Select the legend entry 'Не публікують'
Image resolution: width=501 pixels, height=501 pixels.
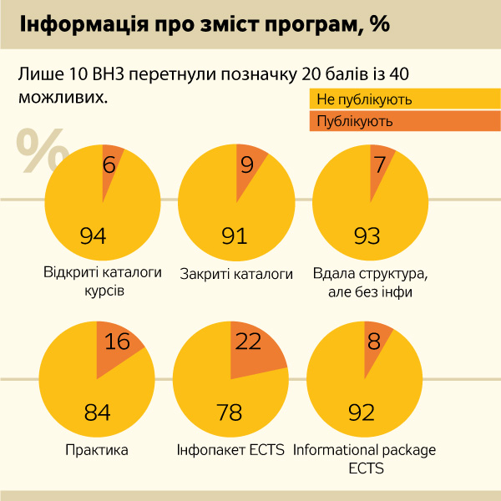pos(364,100)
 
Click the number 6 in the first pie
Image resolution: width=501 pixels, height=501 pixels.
pos(109,164)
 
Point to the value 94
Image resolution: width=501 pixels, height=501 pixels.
pos(94,236)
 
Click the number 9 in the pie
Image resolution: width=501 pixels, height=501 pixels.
pos(246,164)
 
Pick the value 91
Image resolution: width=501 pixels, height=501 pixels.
pos(235,236)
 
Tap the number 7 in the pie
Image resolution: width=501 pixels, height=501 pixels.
pos(380,164)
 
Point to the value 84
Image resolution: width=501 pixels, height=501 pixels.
pos(98,412)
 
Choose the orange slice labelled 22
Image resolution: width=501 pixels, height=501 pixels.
pos(250,342)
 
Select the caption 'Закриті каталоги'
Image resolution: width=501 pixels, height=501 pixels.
pos(237,273)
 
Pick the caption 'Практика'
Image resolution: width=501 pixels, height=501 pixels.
pos(97,450)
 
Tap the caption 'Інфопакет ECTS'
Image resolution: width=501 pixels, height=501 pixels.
pos(231,450)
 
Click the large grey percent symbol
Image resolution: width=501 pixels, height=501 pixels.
pos(42,151)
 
